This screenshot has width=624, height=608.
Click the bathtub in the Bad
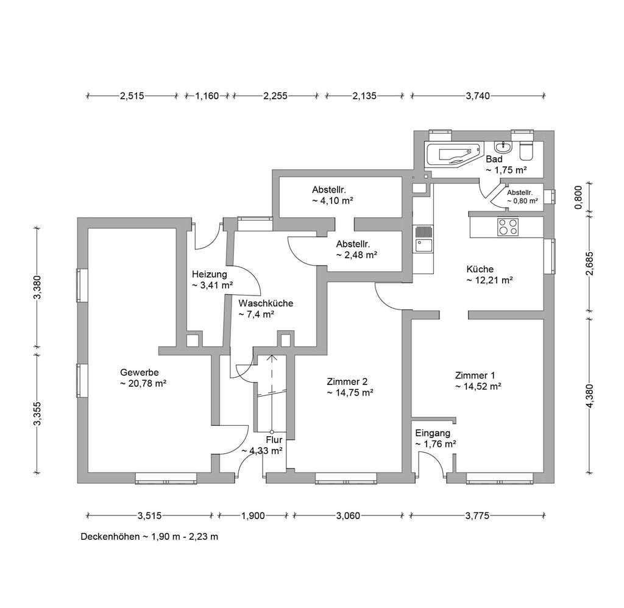click(x=453, y=155)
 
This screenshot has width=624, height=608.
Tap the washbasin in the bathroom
click(x=504, y=147)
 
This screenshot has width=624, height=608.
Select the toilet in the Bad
click(x=526, y=150)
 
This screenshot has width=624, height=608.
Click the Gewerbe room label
click(x=140, y=372)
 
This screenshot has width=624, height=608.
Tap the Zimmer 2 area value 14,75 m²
click(x=350, y=393)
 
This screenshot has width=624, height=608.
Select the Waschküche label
click(x=266, y=303)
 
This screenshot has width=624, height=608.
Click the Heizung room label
click(x=210, y=274)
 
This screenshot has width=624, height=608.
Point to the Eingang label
click(x=433, y=433)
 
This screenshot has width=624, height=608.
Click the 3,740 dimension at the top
click(x=478, y=96)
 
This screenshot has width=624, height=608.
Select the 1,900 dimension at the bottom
click(x=253, y=516)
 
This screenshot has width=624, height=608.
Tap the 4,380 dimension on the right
click(x=590, y=396)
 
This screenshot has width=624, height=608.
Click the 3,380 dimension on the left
click(x=37, y=287)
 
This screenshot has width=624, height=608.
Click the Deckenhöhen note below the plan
click(x=149, y=537)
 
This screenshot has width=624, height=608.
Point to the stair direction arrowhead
click(x=272, y=357)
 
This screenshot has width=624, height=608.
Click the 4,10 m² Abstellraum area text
click(x=333, y=200)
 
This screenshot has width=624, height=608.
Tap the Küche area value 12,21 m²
click(x=489, y=280)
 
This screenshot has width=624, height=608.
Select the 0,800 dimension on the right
click(x=579, y=197)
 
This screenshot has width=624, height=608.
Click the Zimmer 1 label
click(x=475, y=375)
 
